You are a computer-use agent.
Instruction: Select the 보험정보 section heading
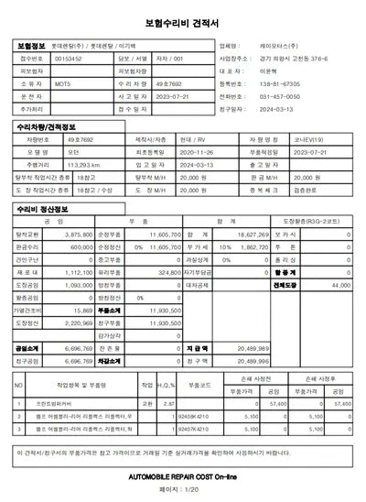tap(31, 43)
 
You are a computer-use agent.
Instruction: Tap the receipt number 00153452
tap(70, 57)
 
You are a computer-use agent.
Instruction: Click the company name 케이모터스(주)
tap(275, 43)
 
